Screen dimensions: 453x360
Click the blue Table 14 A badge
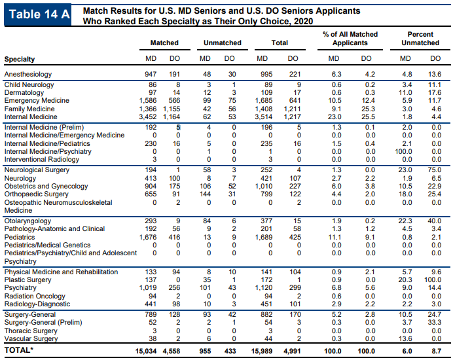[x=37, y=14]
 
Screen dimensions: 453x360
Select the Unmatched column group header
[x=223, y=43]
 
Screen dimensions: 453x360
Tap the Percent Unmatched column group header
[x=420, y=39]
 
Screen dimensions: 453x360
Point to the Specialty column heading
[x=20, y=59]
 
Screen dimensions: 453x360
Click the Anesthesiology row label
[x=28, y=74]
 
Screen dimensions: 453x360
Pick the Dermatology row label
[x=24, y=92]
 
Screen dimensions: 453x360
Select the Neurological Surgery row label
[x=37, y=170]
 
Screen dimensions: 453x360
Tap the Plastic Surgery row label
[x=27, y=279]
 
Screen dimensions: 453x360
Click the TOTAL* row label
[x=19, y=350]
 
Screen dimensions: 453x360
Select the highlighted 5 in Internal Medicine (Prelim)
[x=178, y=127]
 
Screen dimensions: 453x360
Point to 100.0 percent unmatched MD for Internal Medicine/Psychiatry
[x=403, y=151]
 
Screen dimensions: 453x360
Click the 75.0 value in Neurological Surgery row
[x=435, y=170]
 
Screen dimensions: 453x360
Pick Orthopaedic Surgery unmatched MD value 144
[x=205, y=194]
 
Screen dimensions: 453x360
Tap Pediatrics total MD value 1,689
[x=263, y=237]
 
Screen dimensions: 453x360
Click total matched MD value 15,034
[x=146, y=351]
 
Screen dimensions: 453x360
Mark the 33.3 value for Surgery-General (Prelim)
[x=435, y=322]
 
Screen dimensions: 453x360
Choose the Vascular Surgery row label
[x=31, y=338]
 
